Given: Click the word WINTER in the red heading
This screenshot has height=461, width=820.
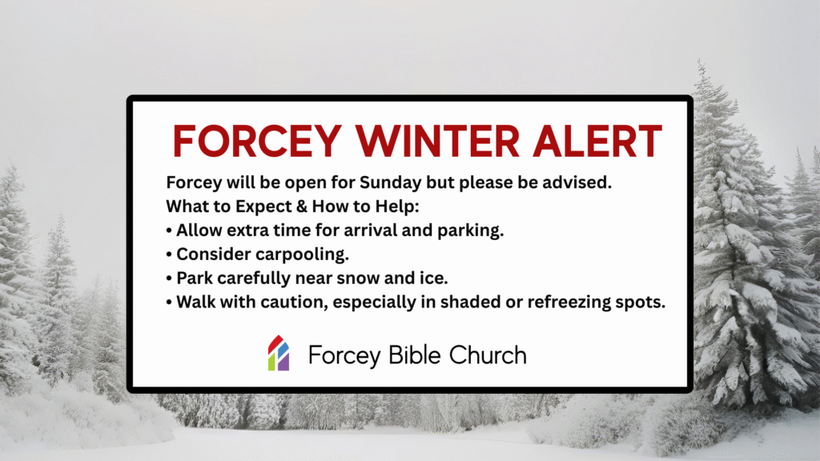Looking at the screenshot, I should click(x=420, y=142).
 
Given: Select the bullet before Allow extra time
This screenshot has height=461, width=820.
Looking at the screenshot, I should click(x=169, y=231).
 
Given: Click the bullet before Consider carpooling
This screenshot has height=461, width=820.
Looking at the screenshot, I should click(x=169, y=255).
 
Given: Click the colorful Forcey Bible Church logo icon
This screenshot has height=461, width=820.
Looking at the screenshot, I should click(x=278, y=353).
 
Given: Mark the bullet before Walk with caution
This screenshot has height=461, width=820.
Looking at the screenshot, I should click(x=169, y=304).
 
